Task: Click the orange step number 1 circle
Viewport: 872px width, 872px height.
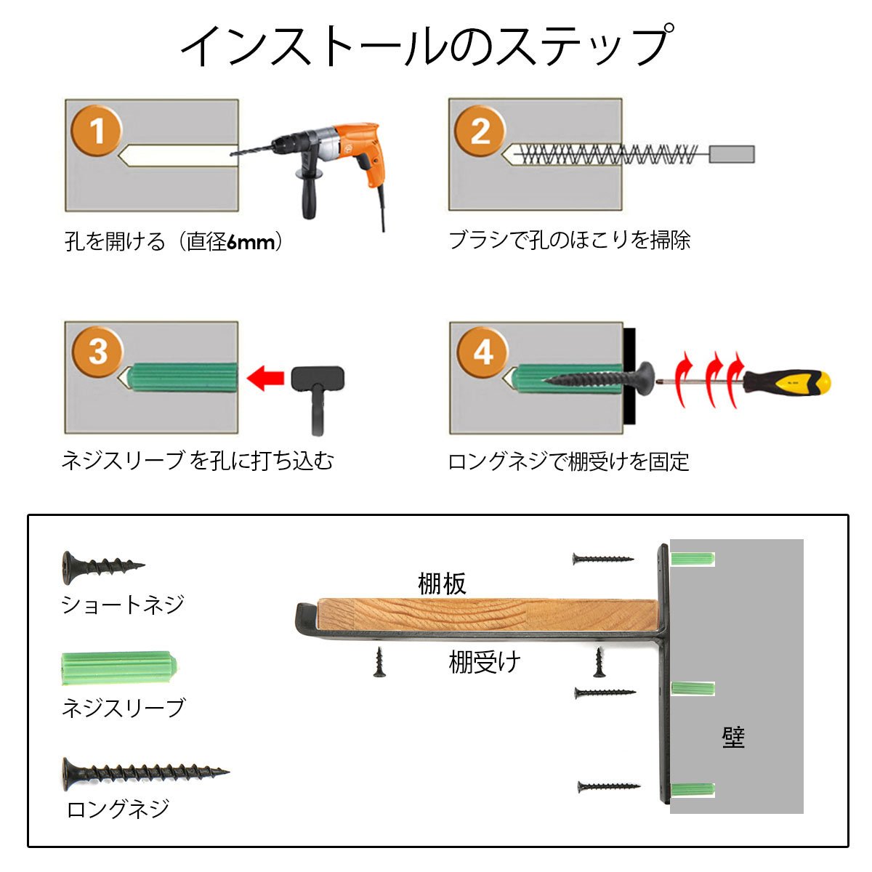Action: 97,132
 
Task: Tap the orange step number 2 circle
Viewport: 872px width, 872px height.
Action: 480,132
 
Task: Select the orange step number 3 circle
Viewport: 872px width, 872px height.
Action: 97,352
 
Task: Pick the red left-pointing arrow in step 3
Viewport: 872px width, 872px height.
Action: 266,377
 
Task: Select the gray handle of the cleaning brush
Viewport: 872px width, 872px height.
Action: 731,154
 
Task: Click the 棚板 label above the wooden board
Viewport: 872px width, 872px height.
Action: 442,584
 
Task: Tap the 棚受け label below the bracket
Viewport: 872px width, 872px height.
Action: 485,663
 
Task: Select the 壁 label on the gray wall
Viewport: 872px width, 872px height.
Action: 733,738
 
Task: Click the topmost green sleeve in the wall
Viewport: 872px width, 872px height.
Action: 693,559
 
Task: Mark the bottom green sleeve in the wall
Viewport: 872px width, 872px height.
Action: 693,790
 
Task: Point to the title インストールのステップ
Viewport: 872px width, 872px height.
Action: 425,47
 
